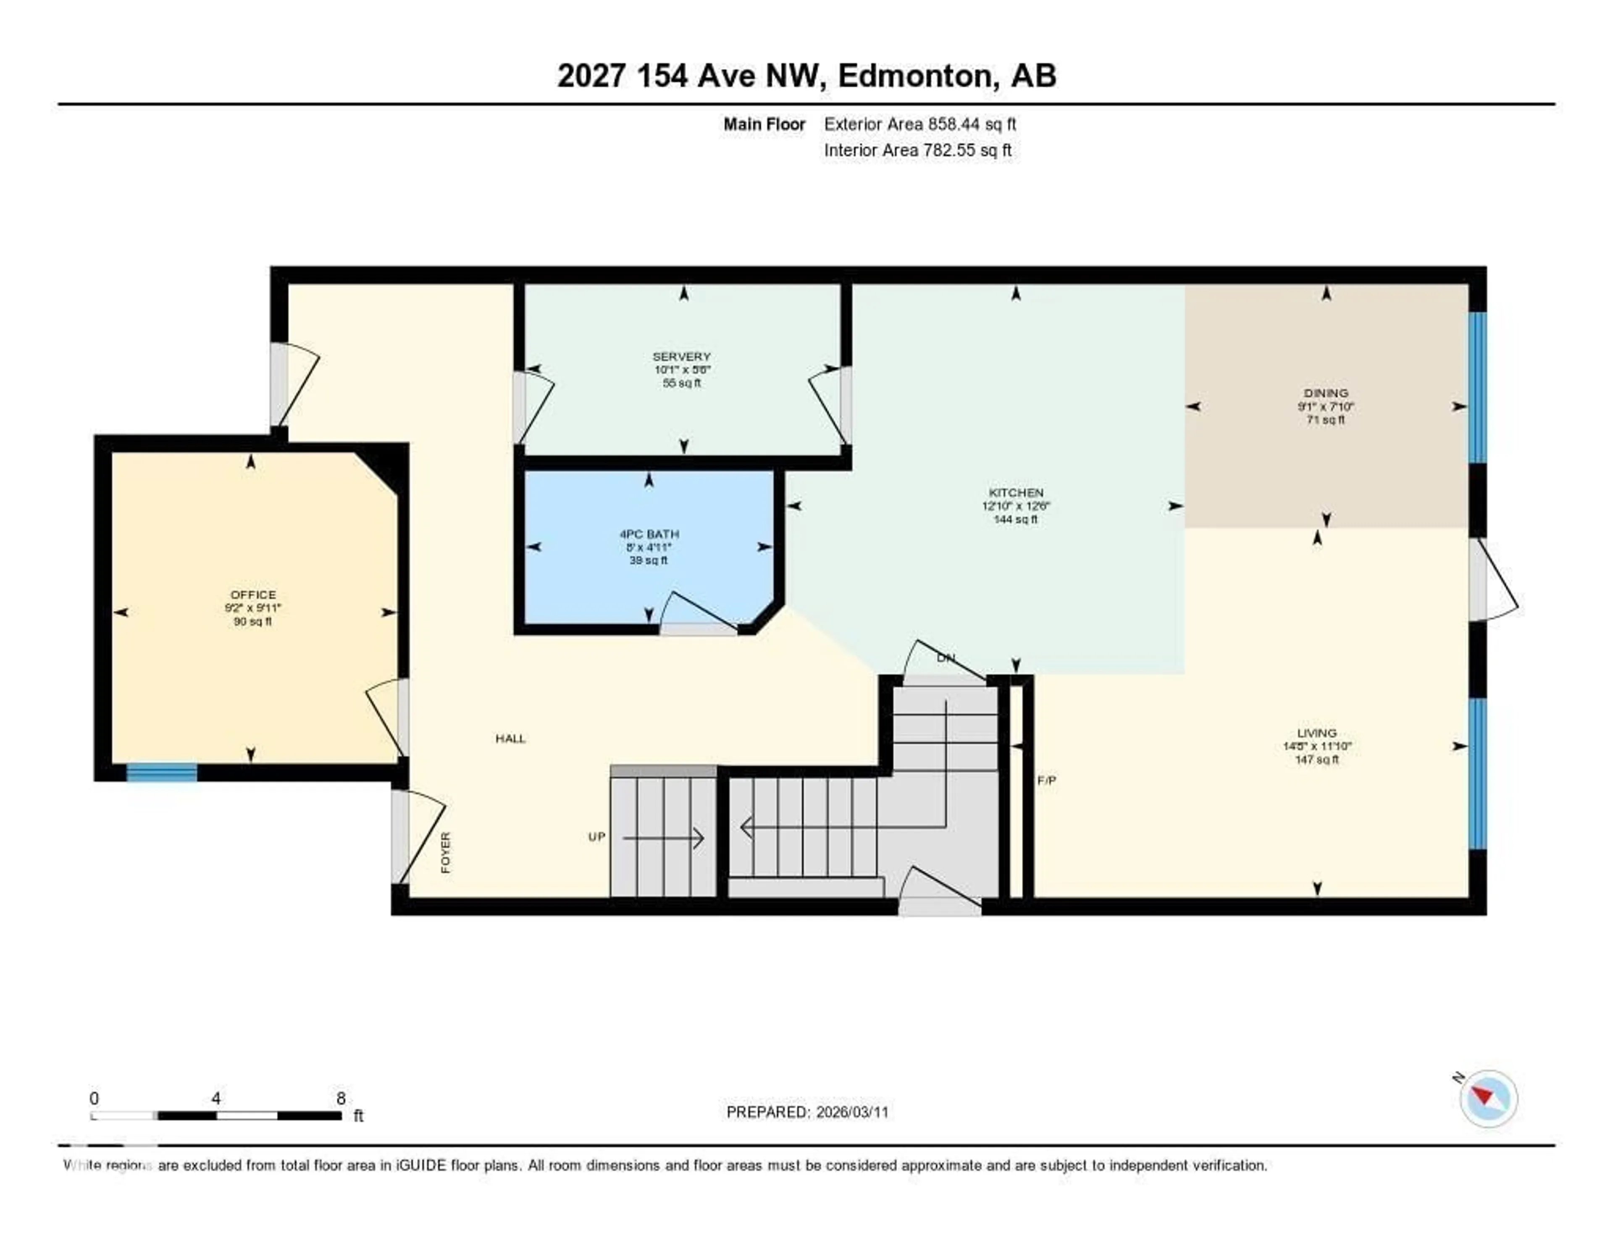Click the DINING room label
(1326, 393)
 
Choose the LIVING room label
(1317, 733)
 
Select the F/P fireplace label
(1046, 780)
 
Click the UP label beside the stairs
(597, 837)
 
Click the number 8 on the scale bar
(341, 1098)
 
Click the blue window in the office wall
(162, 773)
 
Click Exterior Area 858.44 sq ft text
(919, 124)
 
